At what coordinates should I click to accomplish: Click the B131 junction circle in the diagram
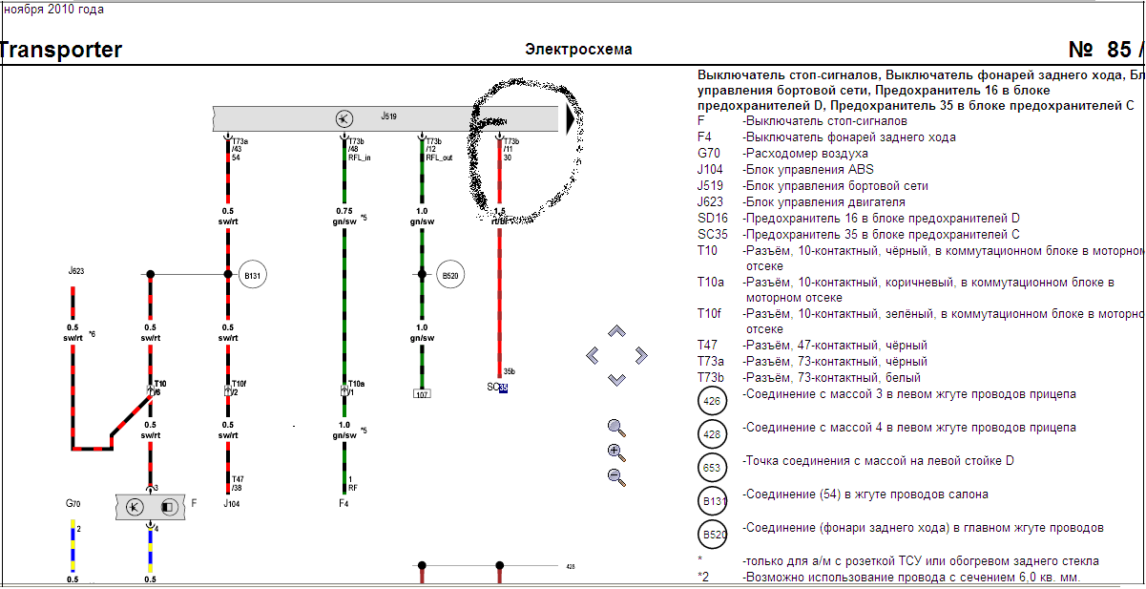pos(252,275)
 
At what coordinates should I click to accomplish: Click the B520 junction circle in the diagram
pos(450,275)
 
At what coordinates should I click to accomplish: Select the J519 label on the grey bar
pos(388,116)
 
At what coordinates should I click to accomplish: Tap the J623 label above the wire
pos(76,271)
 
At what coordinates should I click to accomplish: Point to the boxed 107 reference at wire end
pos(423,393)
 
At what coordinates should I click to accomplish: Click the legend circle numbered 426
pos(712,401)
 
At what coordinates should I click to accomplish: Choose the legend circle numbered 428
pos(712,434)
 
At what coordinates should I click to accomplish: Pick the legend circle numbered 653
pos(712,468)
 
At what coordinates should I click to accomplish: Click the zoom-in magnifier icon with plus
pos(616,452)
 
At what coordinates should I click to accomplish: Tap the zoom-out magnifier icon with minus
pos(616,477)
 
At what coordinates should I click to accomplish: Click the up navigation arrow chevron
pos(616,331)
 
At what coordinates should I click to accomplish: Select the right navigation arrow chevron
pos(641,355)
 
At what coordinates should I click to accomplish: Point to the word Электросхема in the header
pos(578,50)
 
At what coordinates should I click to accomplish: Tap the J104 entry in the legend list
pos(710,170)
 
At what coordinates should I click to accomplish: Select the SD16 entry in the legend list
pos(714,219)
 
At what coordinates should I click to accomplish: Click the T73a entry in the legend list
pos(714,362)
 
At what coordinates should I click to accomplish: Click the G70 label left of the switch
pos(73,503)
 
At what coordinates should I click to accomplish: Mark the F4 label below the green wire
pos(344,502)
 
